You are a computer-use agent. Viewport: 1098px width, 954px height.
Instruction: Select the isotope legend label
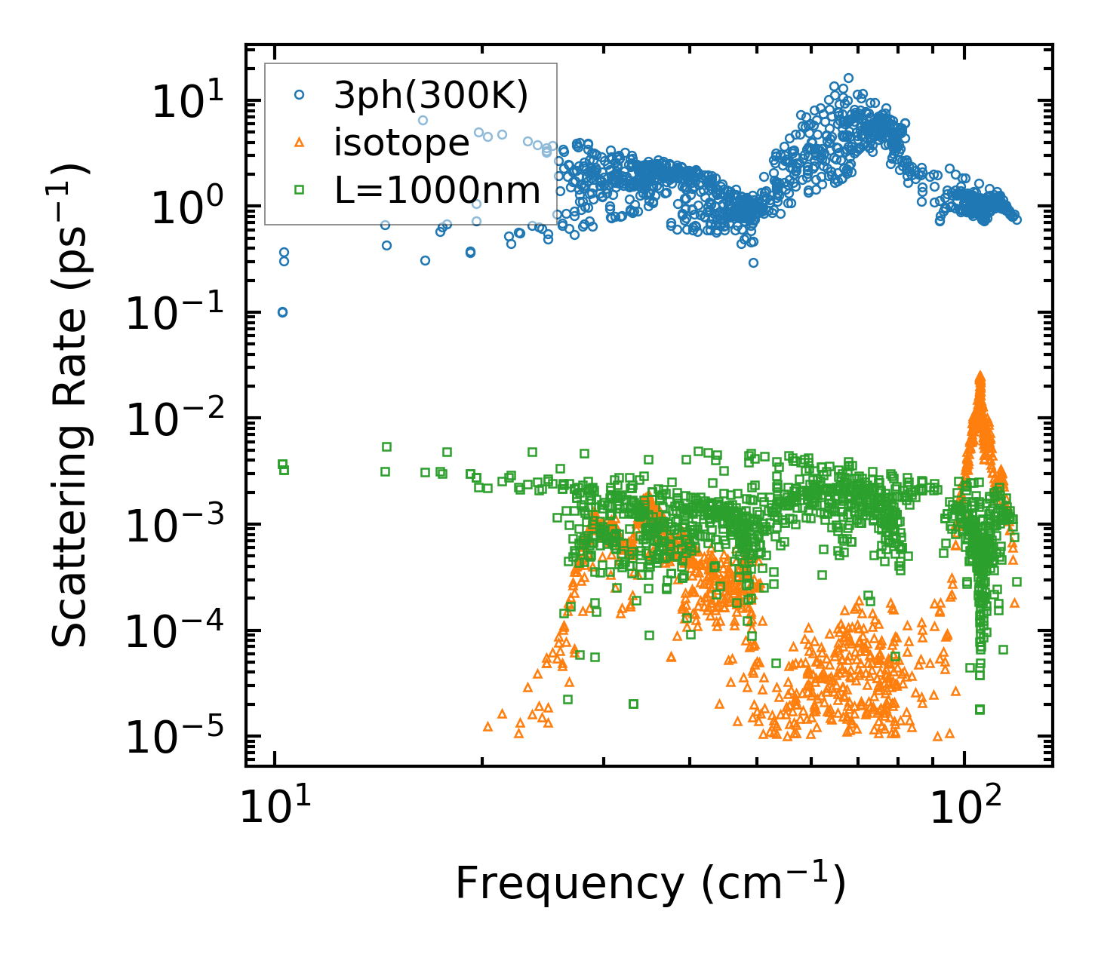tap(401, 143)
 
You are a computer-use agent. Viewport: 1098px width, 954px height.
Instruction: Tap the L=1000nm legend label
tap(438, 191)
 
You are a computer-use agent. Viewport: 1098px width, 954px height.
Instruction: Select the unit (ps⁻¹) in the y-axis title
tap(69, 215)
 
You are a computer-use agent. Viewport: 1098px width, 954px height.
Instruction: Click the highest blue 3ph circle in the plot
tap(848, 78)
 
